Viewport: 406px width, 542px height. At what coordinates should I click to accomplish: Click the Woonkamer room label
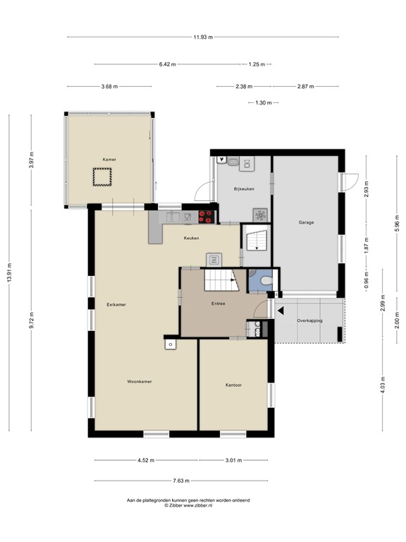pos(140,382)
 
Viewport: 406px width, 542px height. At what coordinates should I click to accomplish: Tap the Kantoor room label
pos(233,385)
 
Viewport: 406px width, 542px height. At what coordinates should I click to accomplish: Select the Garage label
pos(306,222)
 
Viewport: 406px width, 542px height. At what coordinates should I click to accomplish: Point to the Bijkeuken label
pos(244,189)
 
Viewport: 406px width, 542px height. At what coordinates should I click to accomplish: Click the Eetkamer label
pos(116,305)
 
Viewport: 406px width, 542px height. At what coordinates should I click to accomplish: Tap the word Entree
pos(219,303)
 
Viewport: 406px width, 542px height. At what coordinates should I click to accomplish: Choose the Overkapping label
pos(309,321)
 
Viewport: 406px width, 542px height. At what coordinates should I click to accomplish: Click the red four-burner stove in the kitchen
pos(207,217)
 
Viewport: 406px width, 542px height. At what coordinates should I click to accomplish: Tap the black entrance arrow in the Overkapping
pos(281,311)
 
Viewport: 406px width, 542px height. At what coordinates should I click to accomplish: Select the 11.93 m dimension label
pos(203,37)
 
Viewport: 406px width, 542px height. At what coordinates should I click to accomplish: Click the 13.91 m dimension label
pos(9,272)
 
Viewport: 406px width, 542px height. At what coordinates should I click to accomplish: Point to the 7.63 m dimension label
pos(181,481)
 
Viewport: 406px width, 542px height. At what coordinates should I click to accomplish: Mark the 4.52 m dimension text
pos(146,460)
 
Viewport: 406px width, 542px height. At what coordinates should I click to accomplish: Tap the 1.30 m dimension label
pos(264,102)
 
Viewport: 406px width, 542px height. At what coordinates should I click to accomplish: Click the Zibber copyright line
pos(188,505)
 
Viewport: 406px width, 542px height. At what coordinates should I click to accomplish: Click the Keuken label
pos(191,238)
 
